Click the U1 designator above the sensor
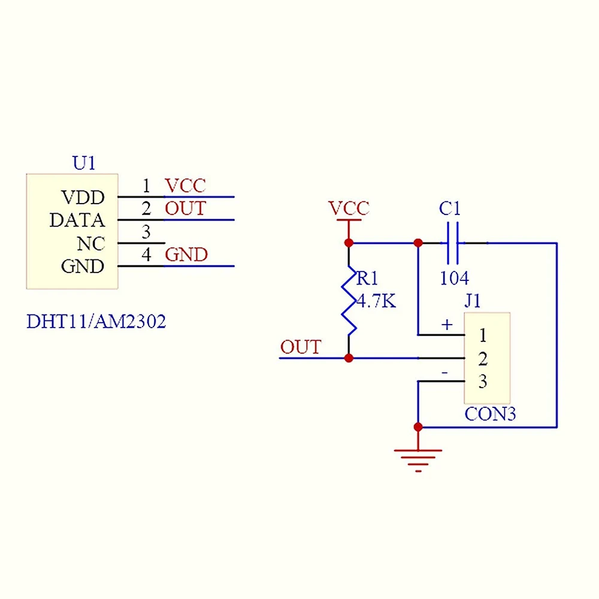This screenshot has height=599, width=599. [x=84, y=163]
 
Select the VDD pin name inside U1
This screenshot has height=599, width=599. [x=83, y=197]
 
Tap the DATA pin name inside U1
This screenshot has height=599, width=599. [x=77, y=220]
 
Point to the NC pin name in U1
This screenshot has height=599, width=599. [x=91, y=244]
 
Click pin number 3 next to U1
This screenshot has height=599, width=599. [x=146, y=232]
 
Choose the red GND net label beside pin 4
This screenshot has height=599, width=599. [x=186, y=255]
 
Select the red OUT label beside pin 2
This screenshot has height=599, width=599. [x=185, y=209]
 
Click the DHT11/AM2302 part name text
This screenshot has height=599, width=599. [x=96, y=322]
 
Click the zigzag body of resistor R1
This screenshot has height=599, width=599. [x=349, y=299]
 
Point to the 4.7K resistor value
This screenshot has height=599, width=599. [x=376, y=301]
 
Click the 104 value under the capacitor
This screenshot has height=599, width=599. [x=454, y=279]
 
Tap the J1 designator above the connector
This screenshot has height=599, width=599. [x=473, y=301]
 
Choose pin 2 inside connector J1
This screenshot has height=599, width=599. [x=483, y=359]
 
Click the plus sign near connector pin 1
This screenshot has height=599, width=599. [x=447, y=325]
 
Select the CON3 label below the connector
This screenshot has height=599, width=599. [x=490, y=415]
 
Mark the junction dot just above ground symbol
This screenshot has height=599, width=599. [x=418, y=427]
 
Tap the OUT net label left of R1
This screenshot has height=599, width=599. [x=301, y=347]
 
